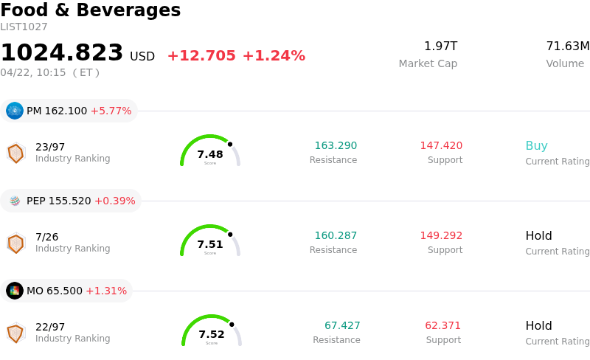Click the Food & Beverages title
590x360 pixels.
[90, 10]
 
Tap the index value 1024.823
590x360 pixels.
[62, 53]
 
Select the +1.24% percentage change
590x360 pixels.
[274, 56]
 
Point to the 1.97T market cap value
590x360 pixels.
[440, 46]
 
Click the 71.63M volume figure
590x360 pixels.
[567, 46]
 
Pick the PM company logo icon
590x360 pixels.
[15, 111]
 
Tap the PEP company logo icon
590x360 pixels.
[15, 201]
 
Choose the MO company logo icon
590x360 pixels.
[15, 291]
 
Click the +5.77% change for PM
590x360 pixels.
[111, 111]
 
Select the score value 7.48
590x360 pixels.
[210, 154]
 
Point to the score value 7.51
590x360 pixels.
[210, 244]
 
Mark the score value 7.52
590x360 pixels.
[212, 334]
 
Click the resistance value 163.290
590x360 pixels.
[336, 146]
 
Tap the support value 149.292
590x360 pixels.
[441, 236]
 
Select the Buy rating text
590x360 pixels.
[536, 146]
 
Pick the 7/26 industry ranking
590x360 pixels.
[46, 237]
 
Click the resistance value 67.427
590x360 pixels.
[342, 326]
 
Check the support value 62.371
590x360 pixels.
[442, 326]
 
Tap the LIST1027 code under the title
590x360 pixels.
[24, 27]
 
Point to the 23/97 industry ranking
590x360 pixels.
[50, 147]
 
